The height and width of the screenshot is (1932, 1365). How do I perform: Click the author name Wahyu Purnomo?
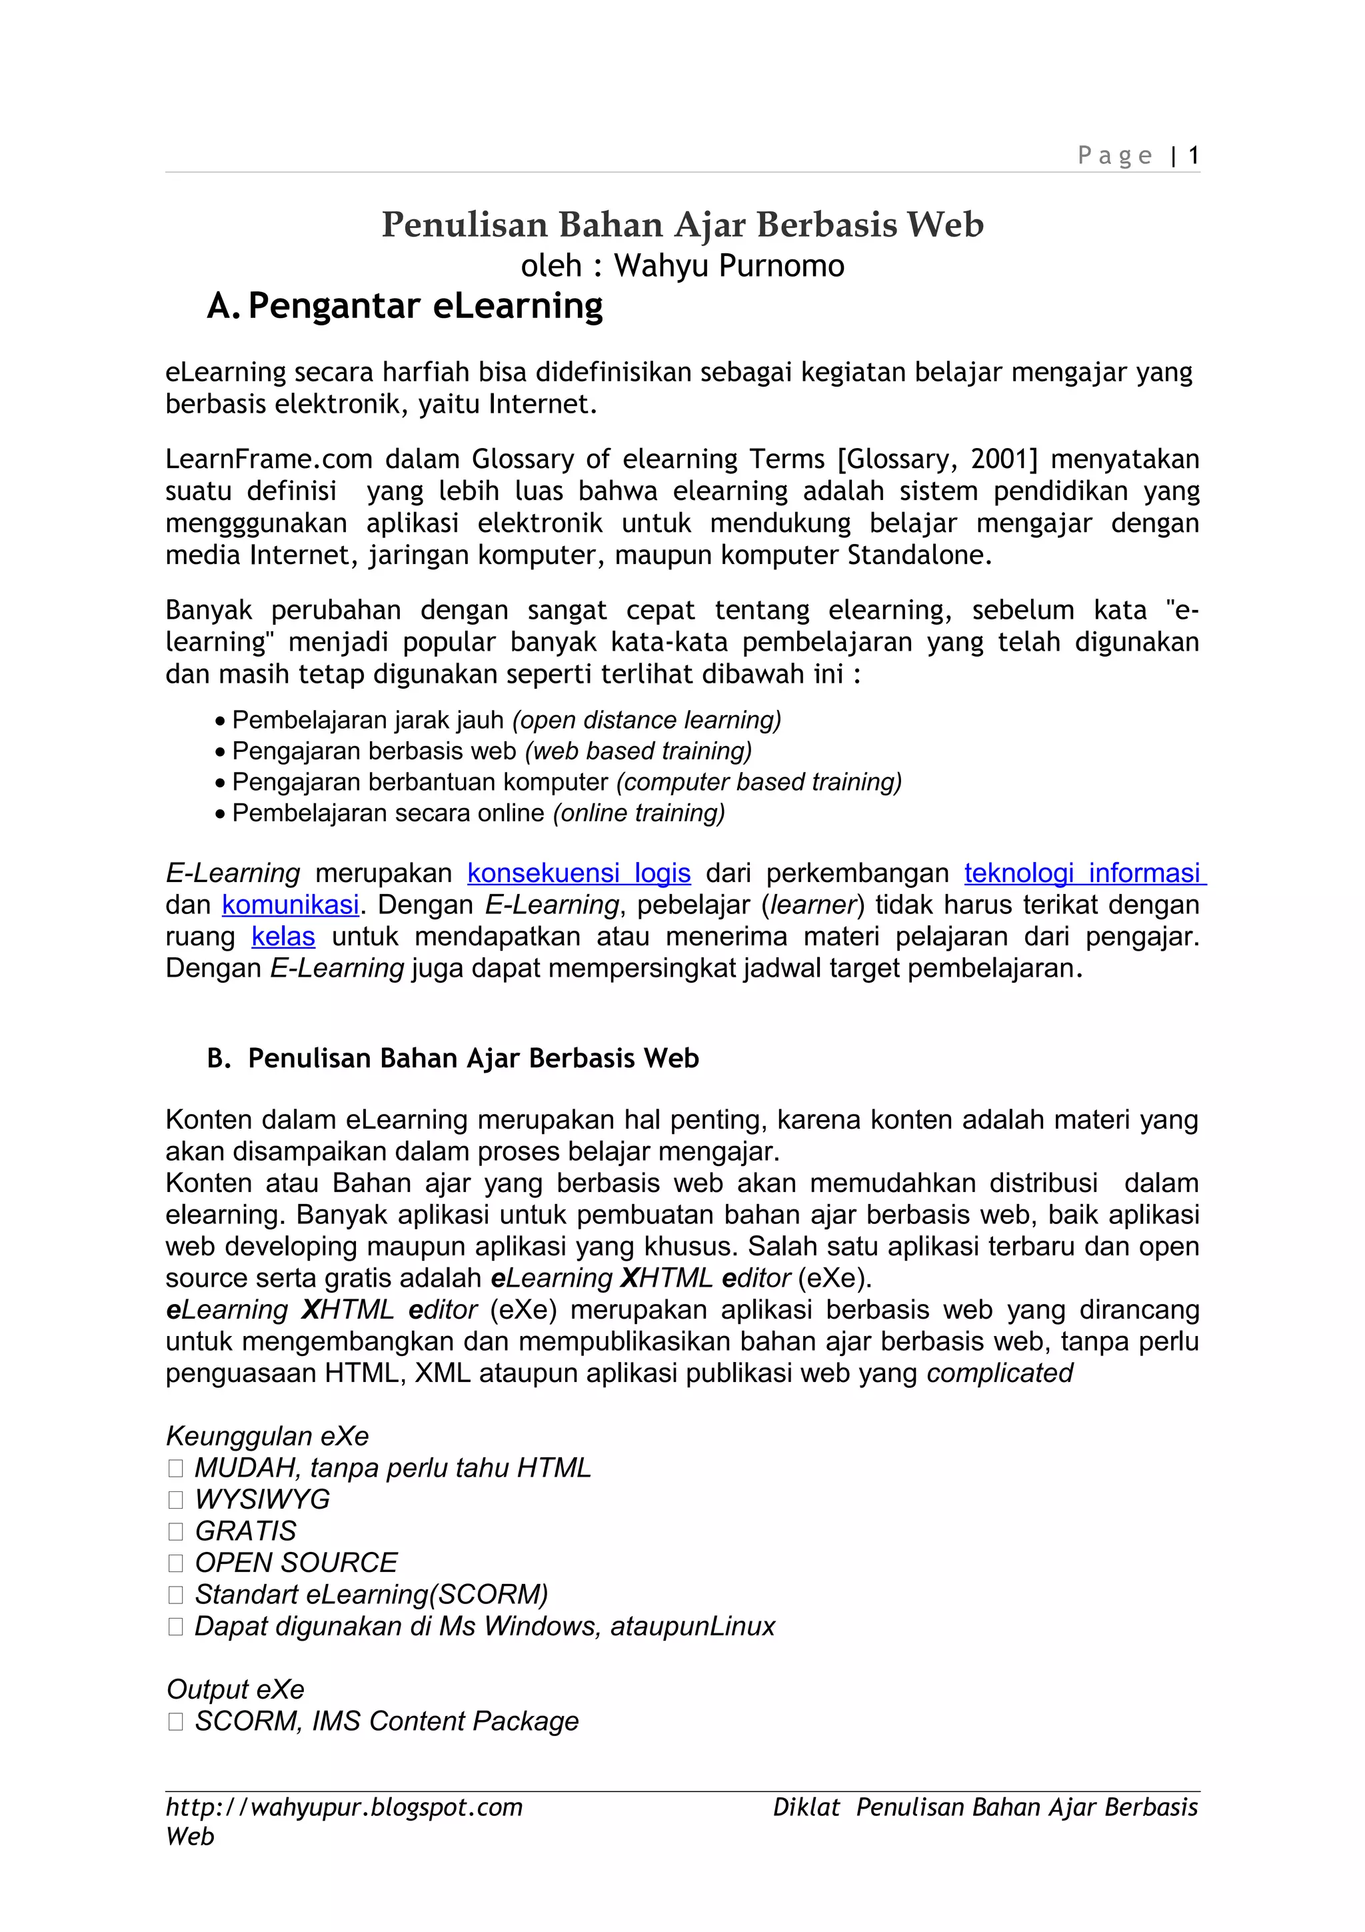click(728, 266)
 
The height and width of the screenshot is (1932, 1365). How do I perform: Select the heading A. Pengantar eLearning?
click(405, 306)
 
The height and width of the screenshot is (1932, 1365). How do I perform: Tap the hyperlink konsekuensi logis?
click(579, 873)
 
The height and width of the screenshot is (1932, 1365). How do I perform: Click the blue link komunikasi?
click(290, 905)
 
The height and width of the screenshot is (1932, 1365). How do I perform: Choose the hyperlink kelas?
click(283, 937)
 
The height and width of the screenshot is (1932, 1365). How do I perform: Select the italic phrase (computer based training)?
click(758, 782)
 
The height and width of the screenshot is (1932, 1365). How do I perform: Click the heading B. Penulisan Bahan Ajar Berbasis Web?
click(453, 1059)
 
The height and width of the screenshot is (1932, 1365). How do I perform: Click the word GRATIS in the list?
click(245, 1531)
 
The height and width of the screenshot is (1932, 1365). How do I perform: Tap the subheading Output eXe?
click(235, 1689)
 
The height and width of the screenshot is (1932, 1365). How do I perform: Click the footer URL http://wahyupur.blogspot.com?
click(344, 1807)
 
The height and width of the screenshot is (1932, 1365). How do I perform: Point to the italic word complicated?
click(999, 1373)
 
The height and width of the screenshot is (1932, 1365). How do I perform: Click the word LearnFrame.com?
click(269, 459)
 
